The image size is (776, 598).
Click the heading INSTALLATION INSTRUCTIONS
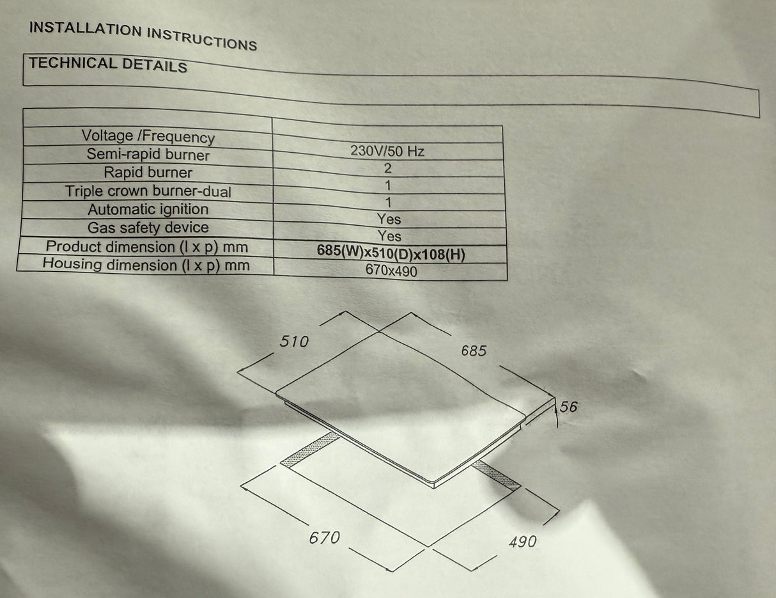click(x=143, y=36)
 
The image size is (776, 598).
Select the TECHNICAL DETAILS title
click(x=108, y=65)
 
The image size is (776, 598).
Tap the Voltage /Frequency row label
click(x=148, y=137)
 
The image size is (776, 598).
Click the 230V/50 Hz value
click(x=387, y=151)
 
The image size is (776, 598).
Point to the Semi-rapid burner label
click(x=148, y=154)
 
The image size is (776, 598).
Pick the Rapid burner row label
click(x=148, y=173)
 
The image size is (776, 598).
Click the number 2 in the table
click(x=388, y=168)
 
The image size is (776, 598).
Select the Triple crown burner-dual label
click(x=148, y=191)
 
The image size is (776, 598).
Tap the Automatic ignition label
click(x=148, y=209)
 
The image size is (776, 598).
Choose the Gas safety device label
click(x=148, y=228)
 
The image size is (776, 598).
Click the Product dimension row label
click(x=147, y=247)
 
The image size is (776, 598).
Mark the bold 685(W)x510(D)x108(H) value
click(x=391, y=253)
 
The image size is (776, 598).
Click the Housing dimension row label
click(x=146, y=265)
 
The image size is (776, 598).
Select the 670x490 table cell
click(x=391, y=271)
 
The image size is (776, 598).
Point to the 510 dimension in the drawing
click(x=294, y=342)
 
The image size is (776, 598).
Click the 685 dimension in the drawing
click(x=474, y=350)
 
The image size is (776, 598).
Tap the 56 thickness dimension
click(x=568, y=407)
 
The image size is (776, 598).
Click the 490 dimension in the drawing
click(x=523, y=542)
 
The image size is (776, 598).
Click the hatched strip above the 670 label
click(x=310, y=449)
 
